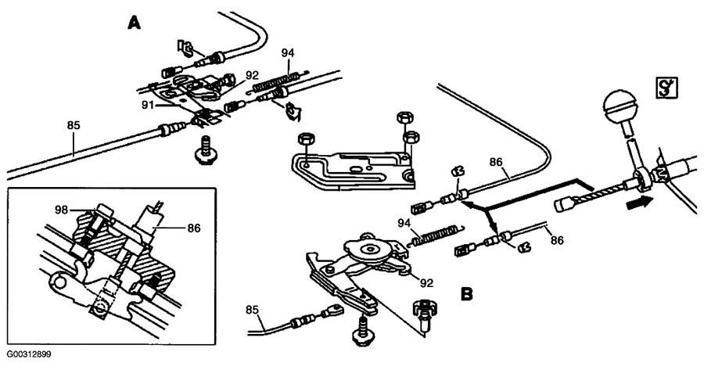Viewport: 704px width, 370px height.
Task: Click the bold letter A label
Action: click(x=135, y=23)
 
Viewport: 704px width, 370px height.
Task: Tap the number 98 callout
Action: click(x=63, y=210)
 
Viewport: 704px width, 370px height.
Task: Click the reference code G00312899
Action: click(x=29, y=354)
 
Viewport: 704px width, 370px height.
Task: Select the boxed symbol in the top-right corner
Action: click(x=666, y=88)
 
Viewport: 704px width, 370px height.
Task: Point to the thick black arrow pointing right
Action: click(x=637, y=203)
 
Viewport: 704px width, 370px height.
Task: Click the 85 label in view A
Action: click(x=74, y=125)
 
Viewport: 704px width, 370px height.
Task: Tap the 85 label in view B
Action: click(x=253, y=310)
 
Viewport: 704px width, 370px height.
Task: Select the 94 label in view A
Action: click(x=288, y=53)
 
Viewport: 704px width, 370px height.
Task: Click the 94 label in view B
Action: click(x=406, y=223)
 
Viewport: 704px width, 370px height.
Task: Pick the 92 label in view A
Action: click(x=253, y=75)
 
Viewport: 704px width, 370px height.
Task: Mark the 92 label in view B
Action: click(x=426, y=283)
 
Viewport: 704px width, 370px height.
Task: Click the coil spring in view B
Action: click(x=436, y=235)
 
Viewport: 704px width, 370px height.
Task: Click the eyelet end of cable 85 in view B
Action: click(x=332, y=310)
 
